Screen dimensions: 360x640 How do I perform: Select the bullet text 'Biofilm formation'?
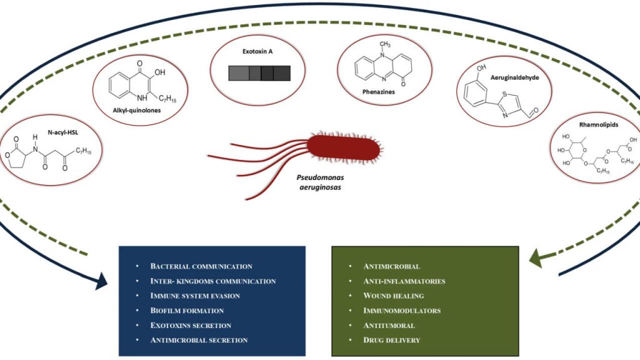click(187, 311)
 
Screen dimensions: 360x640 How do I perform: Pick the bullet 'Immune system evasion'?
click(195, 296)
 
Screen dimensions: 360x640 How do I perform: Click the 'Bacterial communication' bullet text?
click(201, 266)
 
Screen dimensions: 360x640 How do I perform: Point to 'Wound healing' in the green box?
click(393, 296)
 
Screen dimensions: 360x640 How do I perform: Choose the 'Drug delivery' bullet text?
click(391, 340)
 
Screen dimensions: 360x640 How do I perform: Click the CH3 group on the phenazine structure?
click(384, 44)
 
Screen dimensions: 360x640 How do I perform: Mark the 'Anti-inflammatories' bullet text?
click(404, 281)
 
